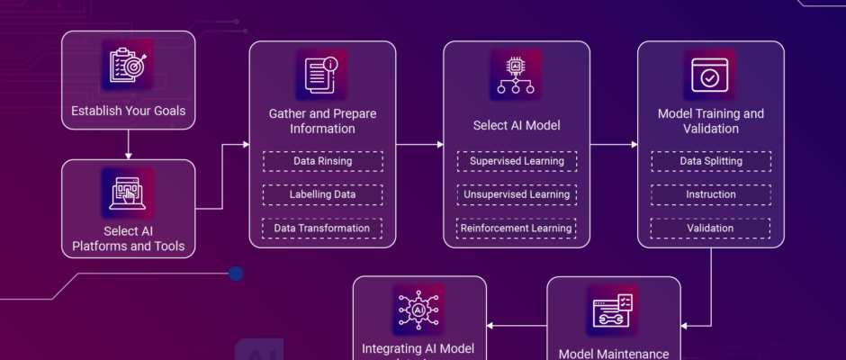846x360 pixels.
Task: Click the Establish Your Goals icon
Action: tap(127, 66)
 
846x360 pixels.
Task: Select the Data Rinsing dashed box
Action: tap(322, 161)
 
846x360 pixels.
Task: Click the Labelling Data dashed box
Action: tap(322, 194)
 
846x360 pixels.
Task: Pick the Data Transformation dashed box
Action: tap(322, 228)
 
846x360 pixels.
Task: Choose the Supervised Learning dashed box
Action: tap(517, 161)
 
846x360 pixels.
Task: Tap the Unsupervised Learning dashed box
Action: tap(517, 194)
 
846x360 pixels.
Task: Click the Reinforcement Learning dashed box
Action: tap(517, 228)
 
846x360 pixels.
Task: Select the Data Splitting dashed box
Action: tap(711, 161)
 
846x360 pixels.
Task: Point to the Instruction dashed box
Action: tap(711, 194)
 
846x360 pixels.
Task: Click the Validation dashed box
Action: tap(711, 228)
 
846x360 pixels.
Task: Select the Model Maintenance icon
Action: tap(614, 310)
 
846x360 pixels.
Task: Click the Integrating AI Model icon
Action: tap(419, 310)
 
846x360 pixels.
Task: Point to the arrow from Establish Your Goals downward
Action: tap(127, 142)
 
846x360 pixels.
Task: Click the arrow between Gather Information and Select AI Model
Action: tap(419, 144)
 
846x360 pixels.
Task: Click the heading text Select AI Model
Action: tap(517, 125)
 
